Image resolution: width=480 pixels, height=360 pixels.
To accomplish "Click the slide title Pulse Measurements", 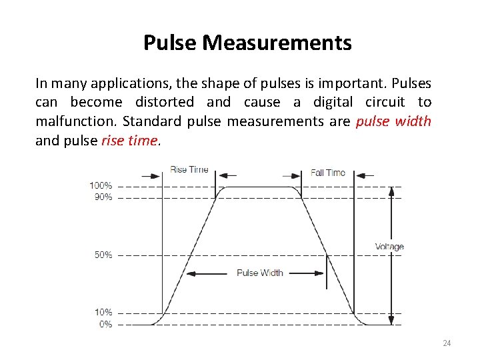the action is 247,43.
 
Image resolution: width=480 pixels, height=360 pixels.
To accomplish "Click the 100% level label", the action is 101,185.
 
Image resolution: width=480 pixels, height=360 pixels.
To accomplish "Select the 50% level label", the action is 103,255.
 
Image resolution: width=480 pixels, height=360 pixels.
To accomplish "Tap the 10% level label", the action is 103,312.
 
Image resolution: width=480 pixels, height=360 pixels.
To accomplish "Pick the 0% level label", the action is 105,325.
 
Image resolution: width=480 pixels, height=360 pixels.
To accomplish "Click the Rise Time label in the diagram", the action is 189,169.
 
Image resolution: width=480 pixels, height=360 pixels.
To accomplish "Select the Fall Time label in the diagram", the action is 328,173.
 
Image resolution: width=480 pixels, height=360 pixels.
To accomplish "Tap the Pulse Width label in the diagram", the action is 260,273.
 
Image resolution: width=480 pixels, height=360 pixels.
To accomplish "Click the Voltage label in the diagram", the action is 389,247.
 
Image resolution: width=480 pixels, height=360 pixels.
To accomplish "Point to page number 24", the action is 447,343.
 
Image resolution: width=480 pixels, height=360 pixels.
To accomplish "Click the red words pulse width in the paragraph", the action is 394,121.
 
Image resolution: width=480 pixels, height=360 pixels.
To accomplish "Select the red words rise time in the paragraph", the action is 129,141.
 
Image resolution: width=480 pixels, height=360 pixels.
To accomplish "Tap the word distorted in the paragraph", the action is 165,102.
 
